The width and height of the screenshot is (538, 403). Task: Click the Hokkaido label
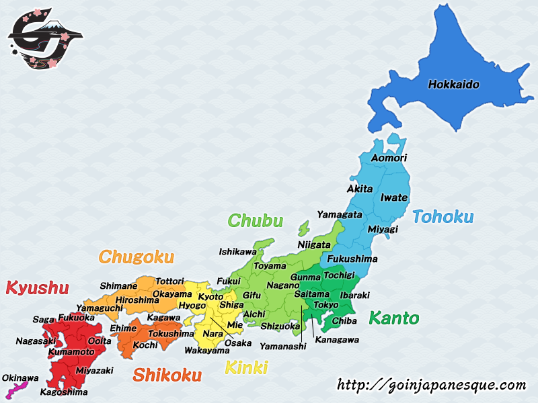[x=454, y=85]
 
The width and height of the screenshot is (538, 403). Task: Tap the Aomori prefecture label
[x=389, y=158]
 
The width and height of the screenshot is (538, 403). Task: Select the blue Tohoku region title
[x=443, y=217]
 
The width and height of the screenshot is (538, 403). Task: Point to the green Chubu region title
[x=256, y=221]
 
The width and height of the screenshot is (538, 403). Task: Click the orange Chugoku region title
[x=137, y=257]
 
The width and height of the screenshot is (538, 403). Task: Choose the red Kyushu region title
[x=37, y=288]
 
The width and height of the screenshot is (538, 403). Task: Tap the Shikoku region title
[x=167, y=375]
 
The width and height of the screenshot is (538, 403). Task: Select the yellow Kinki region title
[x=246, y=367]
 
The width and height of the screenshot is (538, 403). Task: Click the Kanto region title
[x=393, y=318]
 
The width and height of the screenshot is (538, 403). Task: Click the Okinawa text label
[x=20, y=378]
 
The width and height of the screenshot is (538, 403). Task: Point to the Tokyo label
[x=326, y=305]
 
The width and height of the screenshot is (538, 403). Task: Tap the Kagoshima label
[x=64, y=392]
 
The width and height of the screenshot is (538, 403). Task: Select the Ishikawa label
[x=237, y=252]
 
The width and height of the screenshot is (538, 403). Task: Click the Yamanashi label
[x=282, y=346]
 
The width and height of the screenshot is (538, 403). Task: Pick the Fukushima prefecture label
[x=352, y=259]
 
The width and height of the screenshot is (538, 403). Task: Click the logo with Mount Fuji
[x=45, y=38]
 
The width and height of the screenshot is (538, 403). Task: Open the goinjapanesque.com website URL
[x=431, y=385]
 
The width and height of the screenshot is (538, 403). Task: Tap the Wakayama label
[x=207, y=350]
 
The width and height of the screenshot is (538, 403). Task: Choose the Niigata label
[x=314, y=244]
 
